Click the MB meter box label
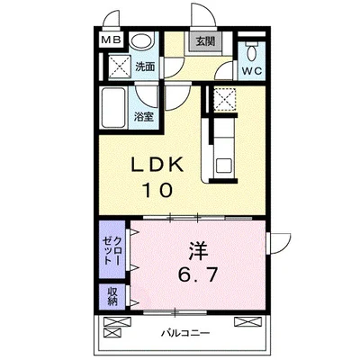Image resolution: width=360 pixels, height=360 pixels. [x=111, y=40]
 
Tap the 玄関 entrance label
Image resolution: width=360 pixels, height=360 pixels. [x=205, y=41]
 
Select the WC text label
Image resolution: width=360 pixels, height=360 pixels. [x=252, y=71]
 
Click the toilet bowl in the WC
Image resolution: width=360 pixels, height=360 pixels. [x=251, y=53]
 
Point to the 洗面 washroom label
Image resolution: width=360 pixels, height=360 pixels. [x=145, y=67]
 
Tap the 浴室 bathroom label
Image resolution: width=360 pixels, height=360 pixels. [x=144, y=117]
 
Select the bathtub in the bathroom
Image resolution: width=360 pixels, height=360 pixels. [x=113, y=108]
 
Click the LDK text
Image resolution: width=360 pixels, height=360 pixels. [x=157, y=165]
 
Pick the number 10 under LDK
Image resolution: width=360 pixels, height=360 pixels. [x=157, y=190]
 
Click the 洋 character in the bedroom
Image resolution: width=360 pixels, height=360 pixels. [x=198, y=251]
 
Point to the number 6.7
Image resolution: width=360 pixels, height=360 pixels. [x=197, y=274]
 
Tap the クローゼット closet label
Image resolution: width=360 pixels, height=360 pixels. [x=112, y=250]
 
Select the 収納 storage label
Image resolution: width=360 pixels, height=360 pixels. [x=112, y=296]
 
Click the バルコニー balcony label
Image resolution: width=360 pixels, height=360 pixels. [x=185, y=333]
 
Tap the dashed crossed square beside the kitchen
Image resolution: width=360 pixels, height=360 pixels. [x=225, y=100]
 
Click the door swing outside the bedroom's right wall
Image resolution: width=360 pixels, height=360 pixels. [x=280, y=243]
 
